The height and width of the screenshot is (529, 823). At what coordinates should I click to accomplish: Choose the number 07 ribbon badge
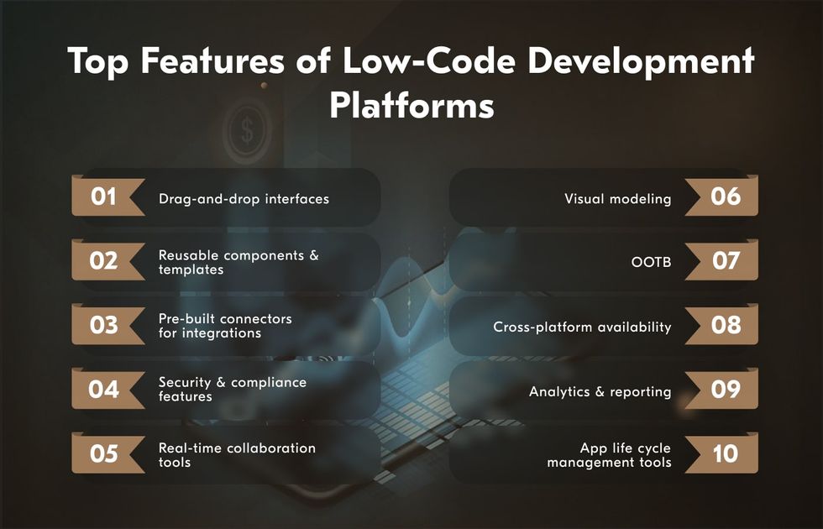722,259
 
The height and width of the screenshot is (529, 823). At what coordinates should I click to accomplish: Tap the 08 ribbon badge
722,324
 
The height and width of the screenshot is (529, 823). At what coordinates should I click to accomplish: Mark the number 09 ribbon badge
722,389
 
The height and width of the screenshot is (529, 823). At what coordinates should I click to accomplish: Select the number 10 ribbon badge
722,453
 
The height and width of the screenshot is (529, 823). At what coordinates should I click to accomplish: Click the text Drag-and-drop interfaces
244,199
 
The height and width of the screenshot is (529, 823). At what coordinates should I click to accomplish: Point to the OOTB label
651,261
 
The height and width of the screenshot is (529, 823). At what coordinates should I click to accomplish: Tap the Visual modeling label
618,199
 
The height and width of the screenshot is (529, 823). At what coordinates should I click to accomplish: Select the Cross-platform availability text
582,327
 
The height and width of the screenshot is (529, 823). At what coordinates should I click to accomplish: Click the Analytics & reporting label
600,392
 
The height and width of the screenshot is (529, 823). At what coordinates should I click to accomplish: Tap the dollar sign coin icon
247,129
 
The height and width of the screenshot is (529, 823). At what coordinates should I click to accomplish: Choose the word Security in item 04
184,382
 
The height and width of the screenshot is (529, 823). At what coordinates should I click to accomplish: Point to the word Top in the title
98,61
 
